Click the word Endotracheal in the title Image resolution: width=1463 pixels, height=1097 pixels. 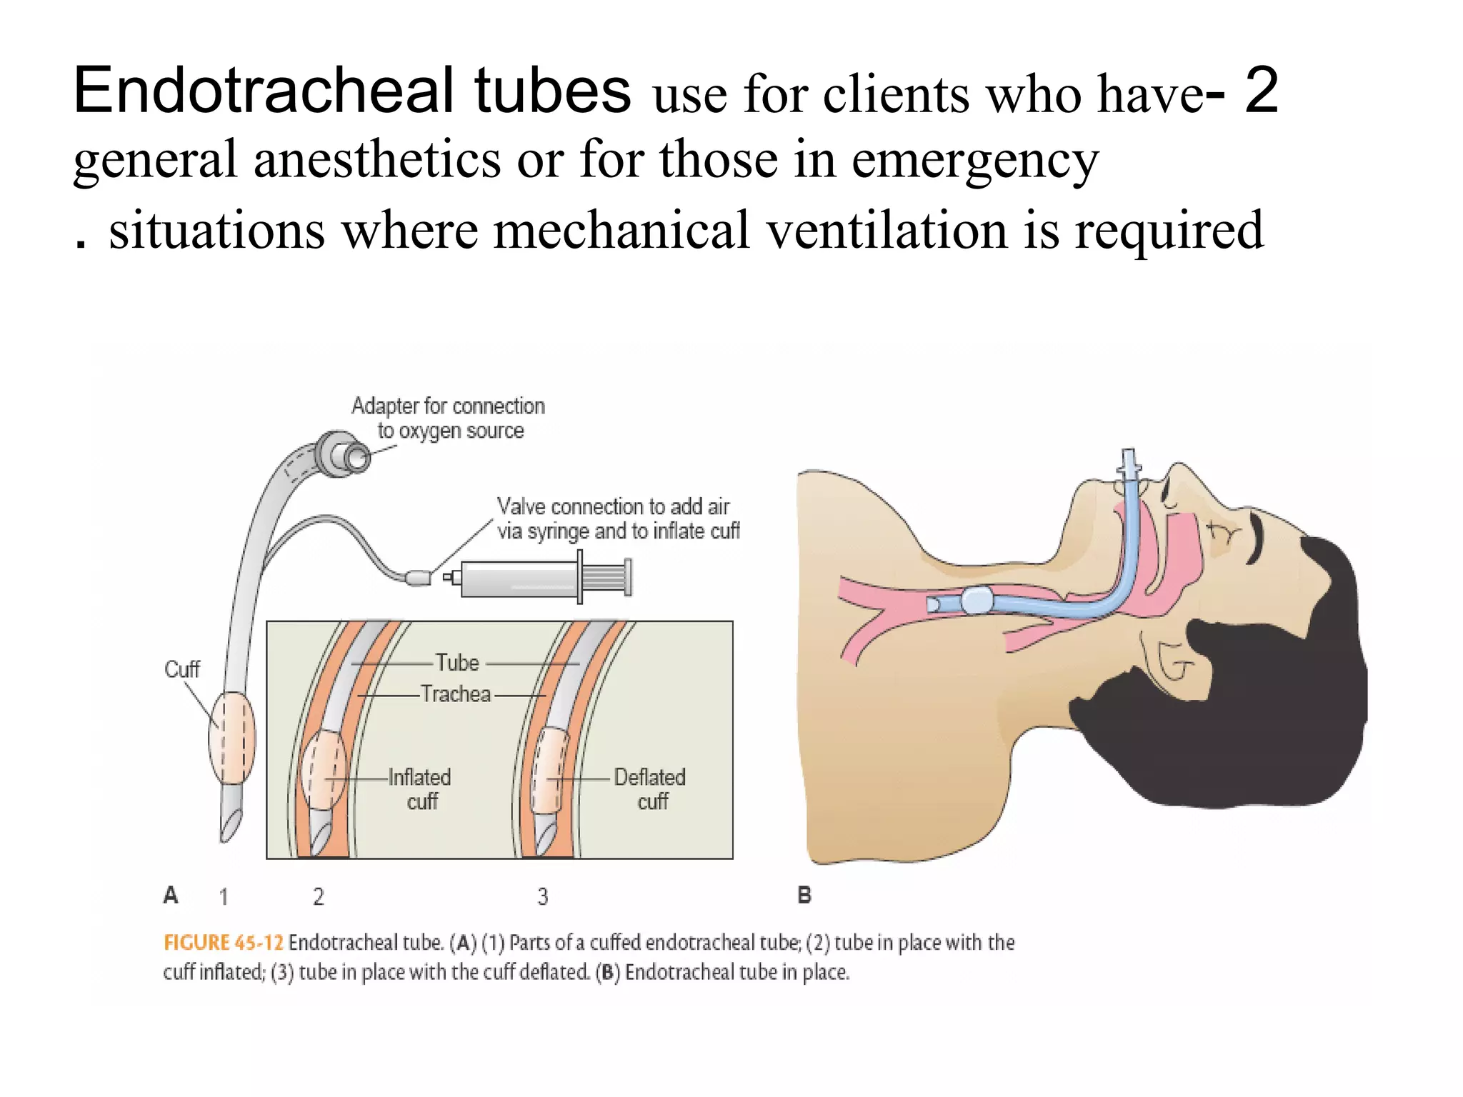coord(264,91)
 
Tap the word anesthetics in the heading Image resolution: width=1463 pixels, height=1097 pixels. coord(376,159)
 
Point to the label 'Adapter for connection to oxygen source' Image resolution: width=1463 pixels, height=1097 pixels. coord(449,419)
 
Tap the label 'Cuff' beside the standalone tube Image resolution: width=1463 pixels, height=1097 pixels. coord(181,669)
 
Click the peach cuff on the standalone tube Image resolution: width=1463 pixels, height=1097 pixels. coord(231,738)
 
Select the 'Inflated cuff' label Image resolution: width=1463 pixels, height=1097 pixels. coord(420,789)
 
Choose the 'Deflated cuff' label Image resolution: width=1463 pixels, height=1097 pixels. coord(650,789)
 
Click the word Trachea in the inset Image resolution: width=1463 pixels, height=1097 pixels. coord(456,694)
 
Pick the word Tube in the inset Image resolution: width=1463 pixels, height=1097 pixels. coord(457,663)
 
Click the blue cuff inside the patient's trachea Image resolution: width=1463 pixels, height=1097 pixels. coord(977,600)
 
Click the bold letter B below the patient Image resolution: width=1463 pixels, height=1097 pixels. coord(804,896)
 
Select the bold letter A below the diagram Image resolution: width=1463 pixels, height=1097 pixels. coord(171,895)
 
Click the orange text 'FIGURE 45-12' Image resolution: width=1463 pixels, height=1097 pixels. coord(224,943)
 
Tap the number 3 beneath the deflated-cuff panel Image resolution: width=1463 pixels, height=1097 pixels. coord(543,896)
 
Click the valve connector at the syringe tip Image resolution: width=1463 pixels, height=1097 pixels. coord(418,577)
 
